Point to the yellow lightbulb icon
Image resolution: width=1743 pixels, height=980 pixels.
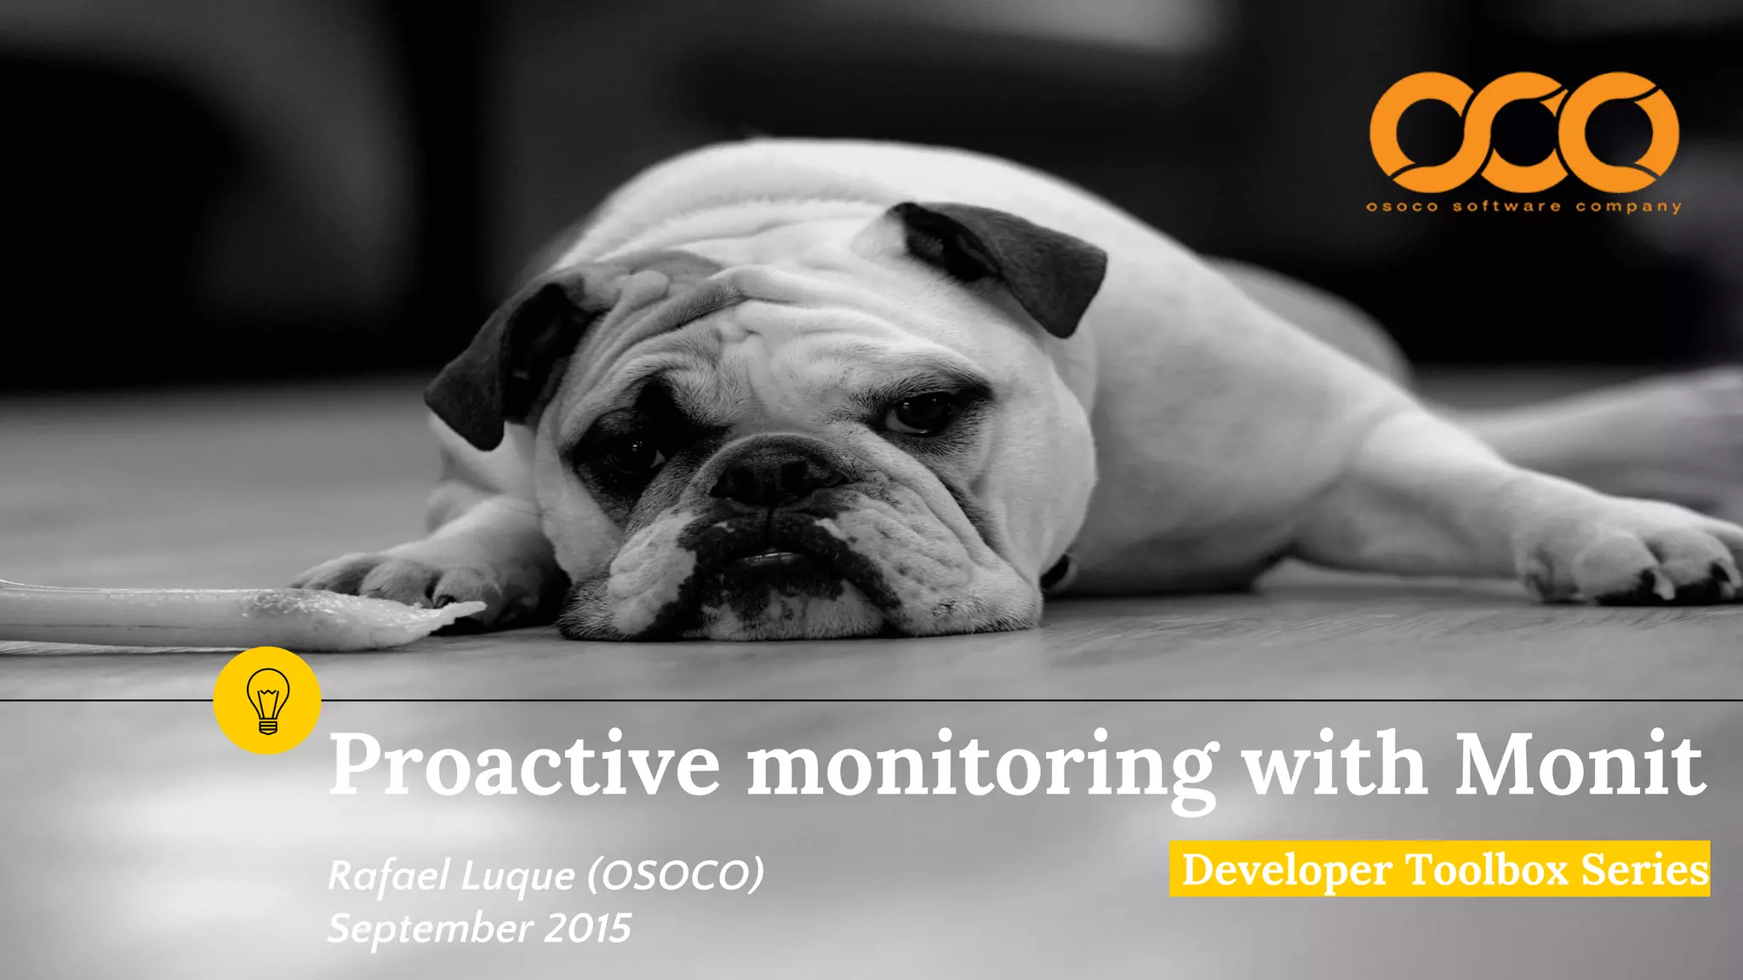pos(267,700)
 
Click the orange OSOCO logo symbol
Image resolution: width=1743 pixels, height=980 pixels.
pos(1523,132)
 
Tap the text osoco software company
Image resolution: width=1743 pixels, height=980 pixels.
pos(1523,207)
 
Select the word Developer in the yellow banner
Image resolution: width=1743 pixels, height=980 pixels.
pos(1287,870)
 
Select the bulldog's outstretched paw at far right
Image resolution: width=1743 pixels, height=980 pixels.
pos(1634,561)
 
